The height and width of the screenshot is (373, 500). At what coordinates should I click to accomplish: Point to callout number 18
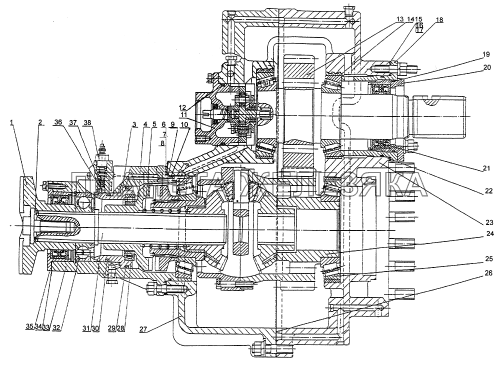(x=439, y=20)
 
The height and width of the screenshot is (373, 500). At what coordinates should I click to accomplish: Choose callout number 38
(x=87, y=122)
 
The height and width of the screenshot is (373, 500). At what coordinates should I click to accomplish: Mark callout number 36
(x=59, y=122)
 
